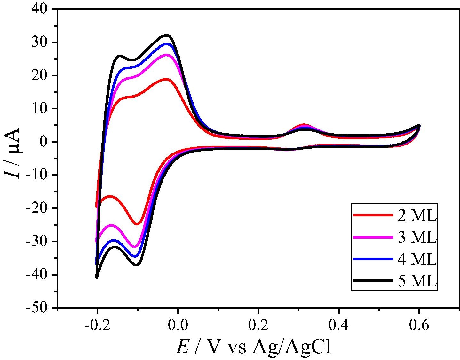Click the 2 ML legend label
(x=417, y=216)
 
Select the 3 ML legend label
(x=417, y=237)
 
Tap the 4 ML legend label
(x=417, y=259)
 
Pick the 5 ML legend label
(x=417, y=281)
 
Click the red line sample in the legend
(x=373, y=215)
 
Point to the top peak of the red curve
(x=166, y=79)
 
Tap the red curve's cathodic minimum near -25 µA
(x=137, y=224)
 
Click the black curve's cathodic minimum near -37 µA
(x=137, y=265)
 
